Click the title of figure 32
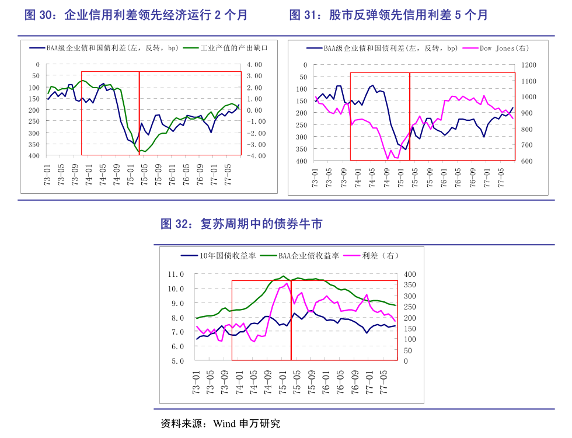[241, 224]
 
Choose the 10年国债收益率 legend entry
[227, 255]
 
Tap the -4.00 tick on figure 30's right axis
[256, 156]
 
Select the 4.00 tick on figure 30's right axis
[256, 64]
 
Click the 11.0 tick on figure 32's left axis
[176, 274]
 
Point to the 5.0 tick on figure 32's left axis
[177, 361]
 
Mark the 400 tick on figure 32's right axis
[410, 274]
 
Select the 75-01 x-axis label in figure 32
[282, 383]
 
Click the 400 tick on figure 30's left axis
[34, 156]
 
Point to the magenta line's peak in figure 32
[287, 284]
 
